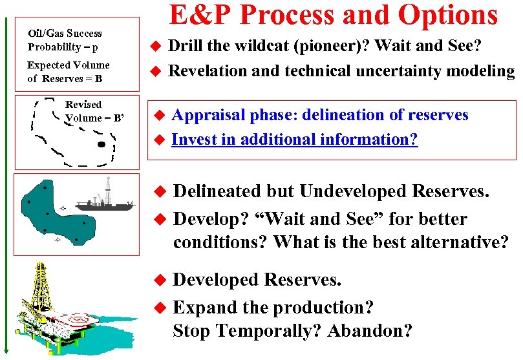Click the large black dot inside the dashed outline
tap(100, 144)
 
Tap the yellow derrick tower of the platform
tap(42, 284)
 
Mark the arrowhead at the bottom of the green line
tap(7, 353)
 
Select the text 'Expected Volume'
tap(68, 65)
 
